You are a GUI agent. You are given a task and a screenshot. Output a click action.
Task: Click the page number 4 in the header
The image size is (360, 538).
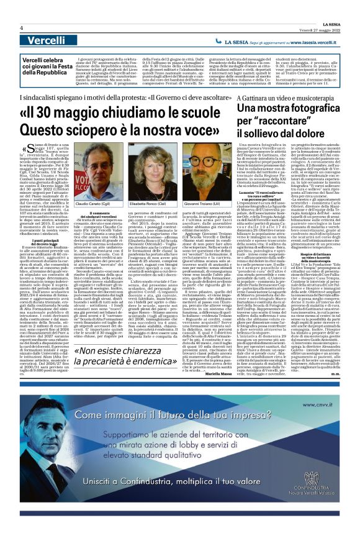pos(22,27)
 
